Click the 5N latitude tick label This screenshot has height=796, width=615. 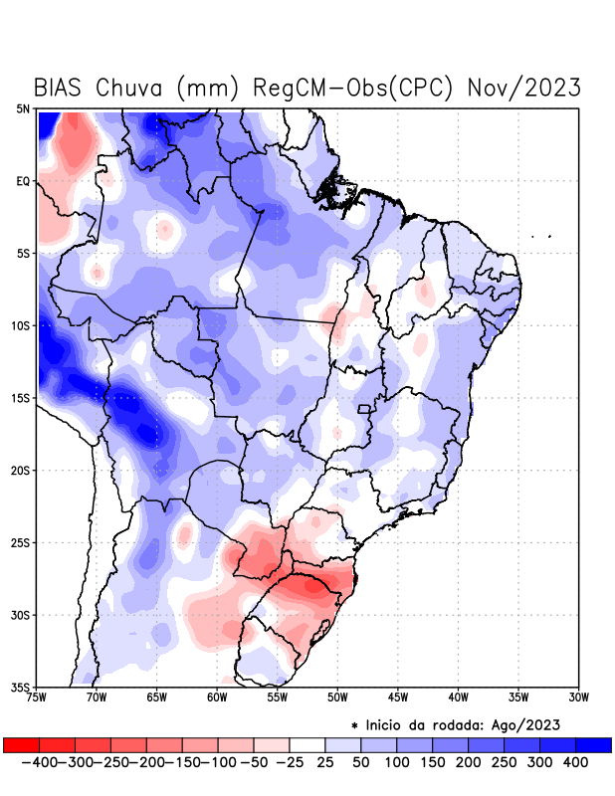[23, 109]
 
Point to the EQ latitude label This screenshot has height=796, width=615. [23, 181]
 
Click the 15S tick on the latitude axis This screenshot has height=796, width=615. [21, 398]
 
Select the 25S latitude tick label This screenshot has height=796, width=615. [21, 542]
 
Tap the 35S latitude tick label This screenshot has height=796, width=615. [21, 687]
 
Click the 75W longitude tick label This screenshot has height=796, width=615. [37, 696]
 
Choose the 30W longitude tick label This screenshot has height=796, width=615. [579, 696]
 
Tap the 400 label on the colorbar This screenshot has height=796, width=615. [576, 762]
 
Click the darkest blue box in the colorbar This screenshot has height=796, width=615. [594, 745]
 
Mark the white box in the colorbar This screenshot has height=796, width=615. [307, 745]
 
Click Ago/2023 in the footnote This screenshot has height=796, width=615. [536, 724]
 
